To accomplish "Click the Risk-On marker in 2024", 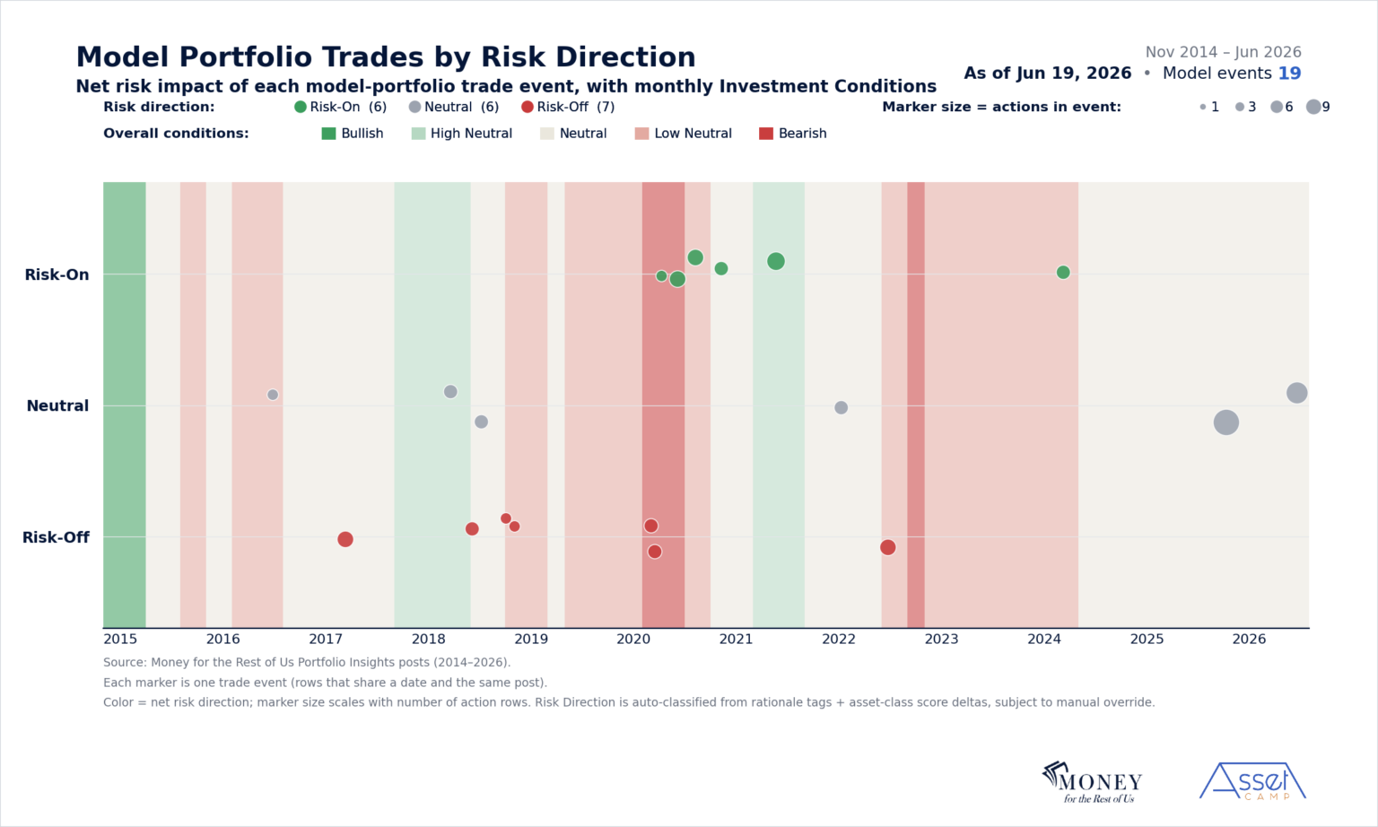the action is (1063, 273).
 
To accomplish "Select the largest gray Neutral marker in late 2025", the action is (1226, 422).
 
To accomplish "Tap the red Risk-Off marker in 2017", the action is (345, 539).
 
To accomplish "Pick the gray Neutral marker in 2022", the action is (841, 407).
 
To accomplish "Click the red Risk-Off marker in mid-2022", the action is (887, 547).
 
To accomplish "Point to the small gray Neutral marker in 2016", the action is (273, 395).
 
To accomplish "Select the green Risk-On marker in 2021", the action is (776, 261).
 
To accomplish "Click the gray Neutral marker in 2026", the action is (1296, 393).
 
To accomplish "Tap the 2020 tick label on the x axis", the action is (633, 640).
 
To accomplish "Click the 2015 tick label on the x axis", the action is (120, 640).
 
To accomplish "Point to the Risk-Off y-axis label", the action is (56, 537).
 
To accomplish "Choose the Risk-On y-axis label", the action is (57, 274).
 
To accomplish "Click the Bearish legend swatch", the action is (766, 134).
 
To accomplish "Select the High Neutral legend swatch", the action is (418, 134).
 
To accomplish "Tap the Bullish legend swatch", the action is (329, 134).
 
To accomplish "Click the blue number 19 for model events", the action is (1289, 74).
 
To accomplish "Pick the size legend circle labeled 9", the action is (1313, 107).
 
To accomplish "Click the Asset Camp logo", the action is (1252, 781).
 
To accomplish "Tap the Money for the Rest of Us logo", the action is (1092, 782).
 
